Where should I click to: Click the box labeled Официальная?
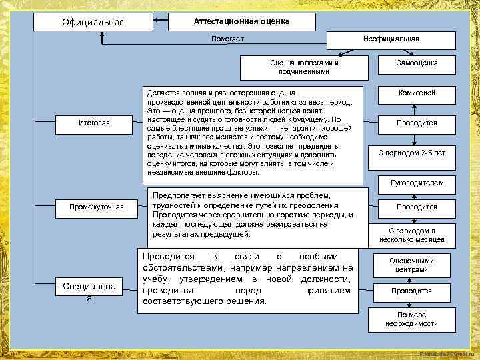pyautogui.click(x=93, y=22)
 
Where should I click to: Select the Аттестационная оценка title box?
pyautogui.click(x=241, y=21)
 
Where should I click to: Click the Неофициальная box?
pyautogui.click(x=391, y=39)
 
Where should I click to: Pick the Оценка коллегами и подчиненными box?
pyautogui.click(x=304, y=67)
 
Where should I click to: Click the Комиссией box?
pyautogui.click(x=417, y=93)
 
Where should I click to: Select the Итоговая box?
pyautogui.click(x=93, y=123)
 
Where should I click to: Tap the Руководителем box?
pyautogui.click(x=417, y=182)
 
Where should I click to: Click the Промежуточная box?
pyautogui.click(x=97, y=207)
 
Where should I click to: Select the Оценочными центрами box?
pyautogui.click(x=411, y=265)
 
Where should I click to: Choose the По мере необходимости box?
pyautogui.click(x=411, y=319)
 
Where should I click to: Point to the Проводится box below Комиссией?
pyautogui.click(x=417, y=123)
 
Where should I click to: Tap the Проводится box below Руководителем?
pyautogui.click(x=417, y=207)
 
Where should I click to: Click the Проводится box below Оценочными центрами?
pyautogui.click(x=411, y=291)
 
